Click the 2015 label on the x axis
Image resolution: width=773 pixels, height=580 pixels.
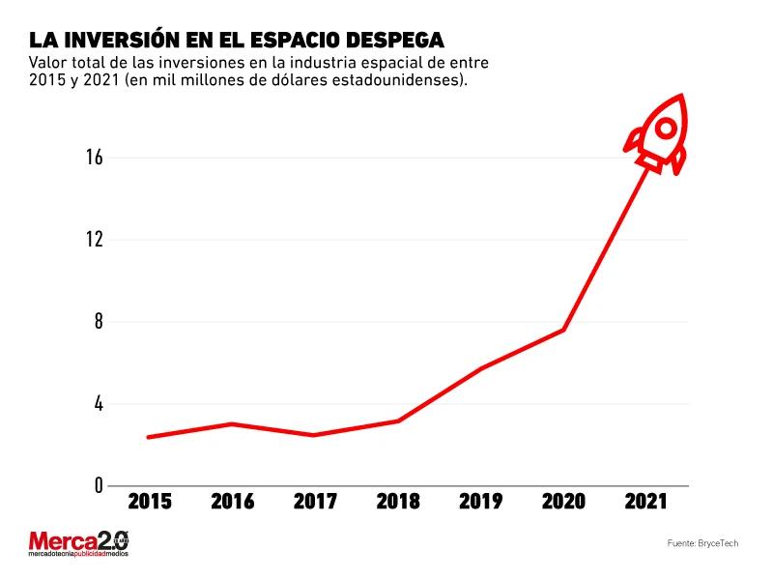[150, 502]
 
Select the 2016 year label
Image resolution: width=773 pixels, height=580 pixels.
[232, 502]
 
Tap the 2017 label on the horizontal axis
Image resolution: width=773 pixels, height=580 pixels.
[315, 502]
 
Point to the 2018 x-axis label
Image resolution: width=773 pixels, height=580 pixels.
[397, 502]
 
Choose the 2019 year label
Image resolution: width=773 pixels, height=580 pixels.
[480, 502]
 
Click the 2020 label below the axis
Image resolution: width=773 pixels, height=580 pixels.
[562, 502]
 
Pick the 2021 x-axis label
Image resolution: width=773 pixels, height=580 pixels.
[644, 502]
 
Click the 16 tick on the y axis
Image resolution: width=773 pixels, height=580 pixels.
[94, 158]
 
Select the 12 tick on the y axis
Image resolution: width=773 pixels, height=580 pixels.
[94, 240]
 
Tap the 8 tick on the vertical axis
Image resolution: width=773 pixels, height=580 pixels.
[98, 322]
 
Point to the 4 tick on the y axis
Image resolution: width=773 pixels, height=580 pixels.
[98, 404]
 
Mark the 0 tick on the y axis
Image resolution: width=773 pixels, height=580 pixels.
[98, 485]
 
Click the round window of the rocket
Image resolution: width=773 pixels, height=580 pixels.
[666, 128]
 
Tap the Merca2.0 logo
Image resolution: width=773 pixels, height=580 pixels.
[78, 543]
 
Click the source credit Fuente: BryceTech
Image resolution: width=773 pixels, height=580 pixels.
[702, 544]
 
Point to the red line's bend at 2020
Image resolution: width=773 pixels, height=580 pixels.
[562, 331]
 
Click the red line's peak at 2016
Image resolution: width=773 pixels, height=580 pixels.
[232, 423]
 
